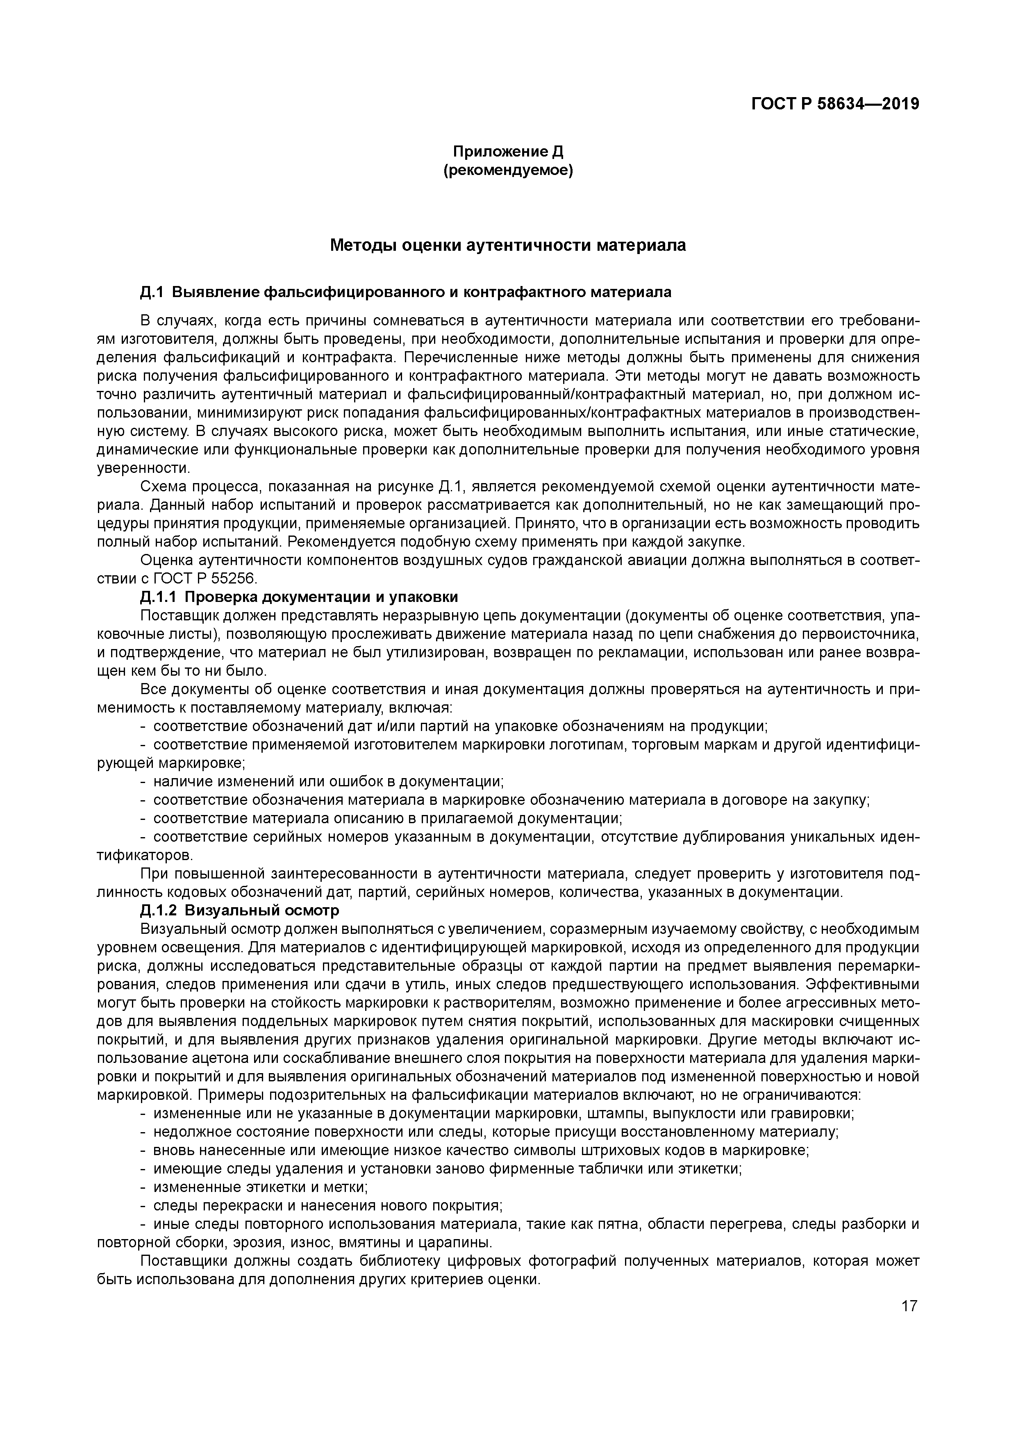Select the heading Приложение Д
508,152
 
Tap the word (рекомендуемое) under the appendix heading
508,170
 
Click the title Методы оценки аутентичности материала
508,245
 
